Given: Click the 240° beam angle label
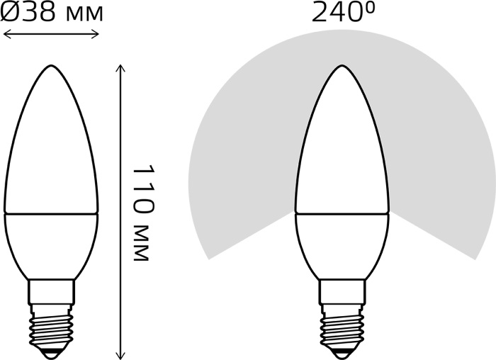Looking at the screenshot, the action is click(343, 13).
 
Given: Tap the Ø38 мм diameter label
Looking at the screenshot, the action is click(52, 13).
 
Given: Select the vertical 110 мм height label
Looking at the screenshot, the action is click(143, 213).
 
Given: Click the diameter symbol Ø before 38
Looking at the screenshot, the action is click(10, 13).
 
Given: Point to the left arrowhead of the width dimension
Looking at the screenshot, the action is click(6, 34).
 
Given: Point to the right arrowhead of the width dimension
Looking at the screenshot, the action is click(96, 34).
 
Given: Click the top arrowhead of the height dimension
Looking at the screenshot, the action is click(120, 68).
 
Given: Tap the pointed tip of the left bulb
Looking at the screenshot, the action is click(51, 65).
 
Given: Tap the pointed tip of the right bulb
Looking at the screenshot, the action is click(342, 65).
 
